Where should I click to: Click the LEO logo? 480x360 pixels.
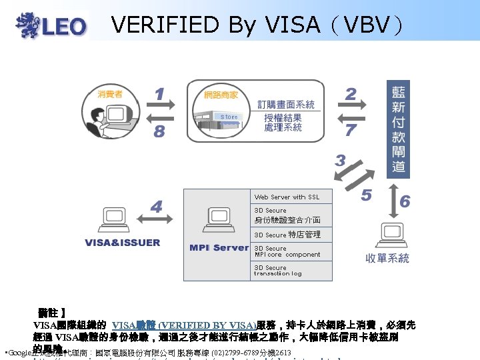(x=52, y=25)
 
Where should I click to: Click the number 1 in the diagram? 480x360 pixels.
(x=159, y=95)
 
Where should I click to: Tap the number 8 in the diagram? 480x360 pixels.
(x=159, y=131)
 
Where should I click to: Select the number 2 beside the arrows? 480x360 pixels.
(x=351, y=95)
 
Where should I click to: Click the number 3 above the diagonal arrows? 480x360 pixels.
(x=340, y=161)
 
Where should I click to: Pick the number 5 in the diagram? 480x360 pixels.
(x=366, y=195)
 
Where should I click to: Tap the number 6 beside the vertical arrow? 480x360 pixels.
(x=405, y=201)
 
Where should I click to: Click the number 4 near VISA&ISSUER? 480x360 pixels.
(x=156, y=207)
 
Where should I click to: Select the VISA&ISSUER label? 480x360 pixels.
(x=123, y=243)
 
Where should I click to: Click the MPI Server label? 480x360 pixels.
(x=219, y=248)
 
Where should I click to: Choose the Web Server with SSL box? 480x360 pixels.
(x=291, y=197)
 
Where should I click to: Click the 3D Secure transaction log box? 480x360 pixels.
(x=291, y=271)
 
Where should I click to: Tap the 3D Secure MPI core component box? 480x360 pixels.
(x=291, y=251)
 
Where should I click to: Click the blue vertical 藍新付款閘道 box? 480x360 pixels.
(x=399, y=130)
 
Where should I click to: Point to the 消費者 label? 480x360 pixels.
(x=110, y=95)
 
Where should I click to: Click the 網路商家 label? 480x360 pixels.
(x=221, y=96)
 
